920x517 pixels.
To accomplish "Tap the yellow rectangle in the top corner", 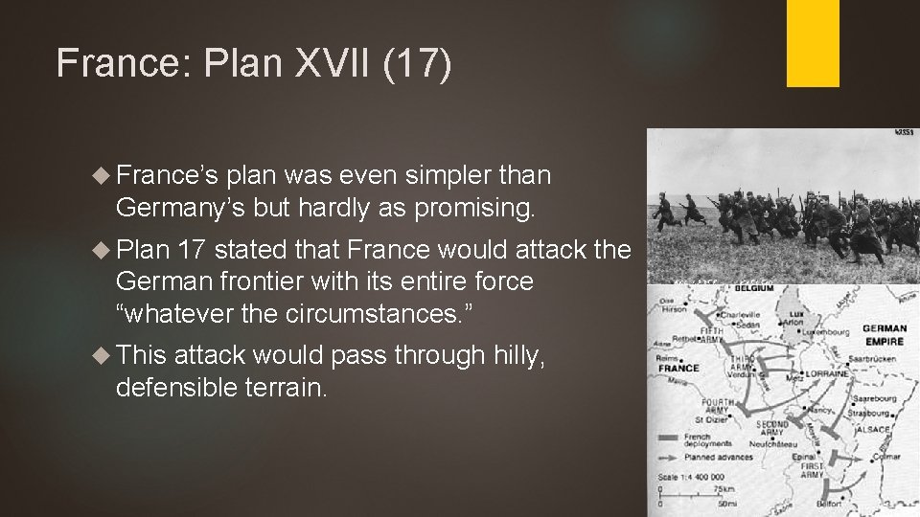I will (813, 43).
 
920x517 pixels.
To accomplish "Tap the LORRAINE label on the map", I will (824, 372).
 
